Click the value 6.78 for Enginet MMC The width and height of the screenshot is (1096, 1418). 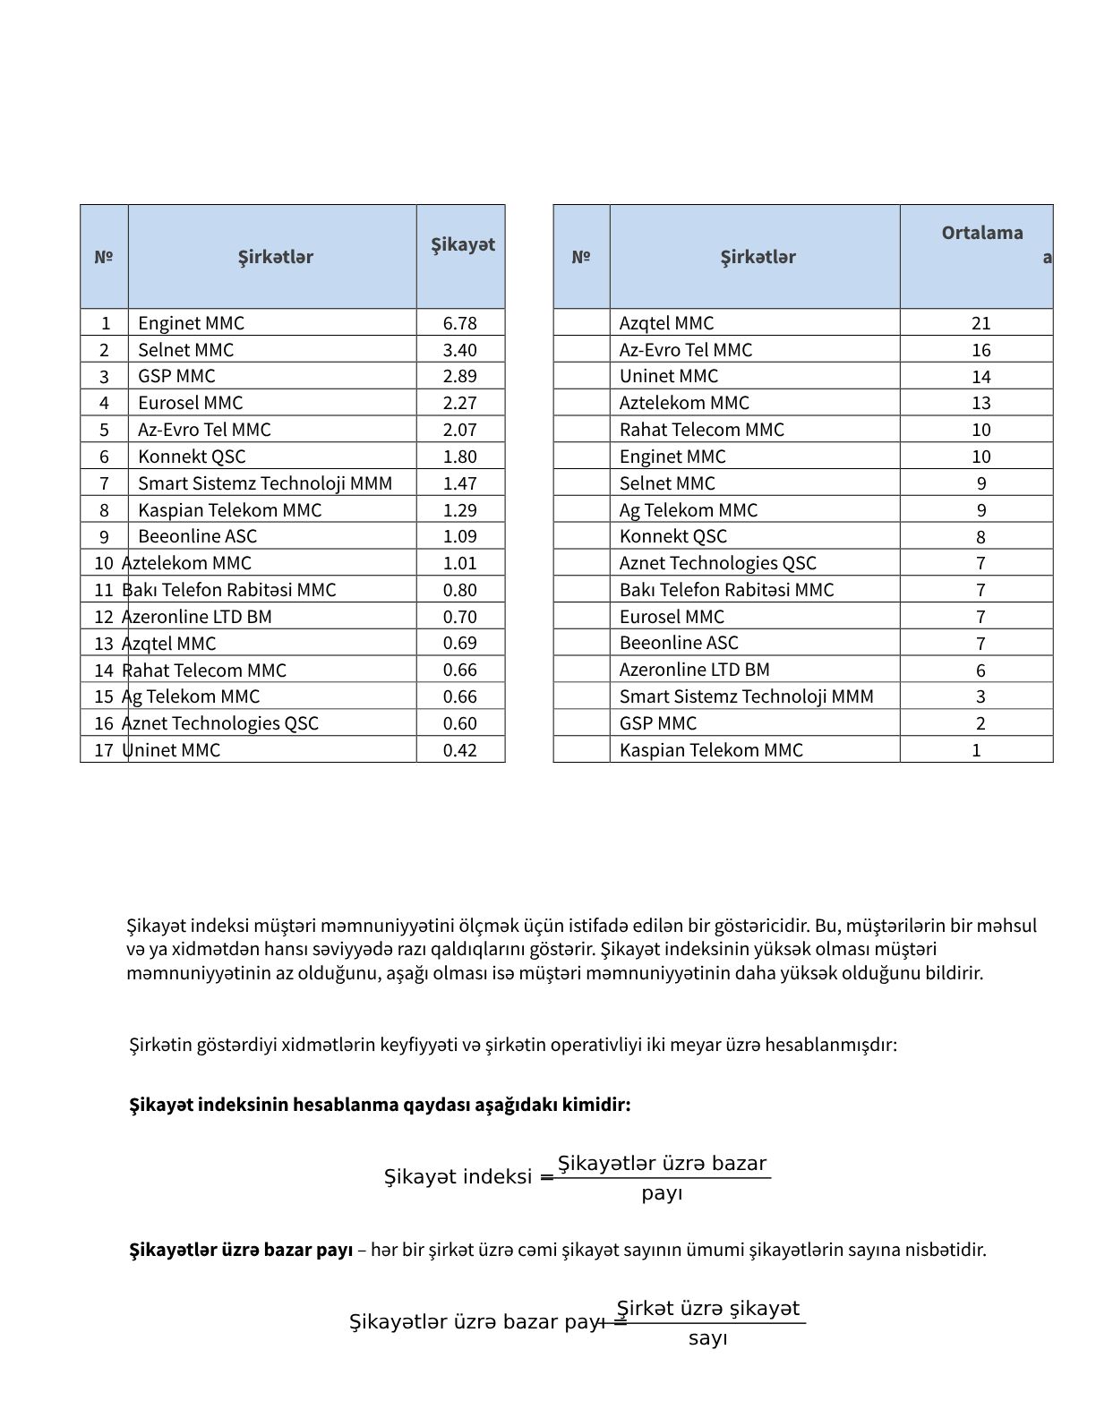click(459, 323)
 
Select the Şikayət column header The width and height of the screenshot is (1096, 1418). click(462, 244)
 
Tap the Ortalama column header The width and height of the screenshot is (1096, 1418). click(981, 233)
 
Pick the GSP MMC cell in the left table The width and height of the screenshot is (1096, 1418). click(176, 376)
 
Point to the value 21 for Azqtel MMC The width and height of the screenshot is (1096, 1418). click(980, 323)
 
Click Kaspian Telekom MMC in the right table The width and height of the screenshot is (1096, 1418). click(711, 750)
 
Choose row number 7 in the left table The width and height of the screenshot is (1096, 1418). click(104, 483)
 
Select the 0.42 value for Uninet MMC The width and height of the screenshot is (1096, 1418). click(459, 750)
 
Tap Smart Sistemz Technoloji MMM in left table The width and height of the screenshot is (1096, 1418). click(265, 483)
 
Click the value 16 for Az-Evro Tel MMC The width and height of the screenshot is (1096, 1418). click(980, 350)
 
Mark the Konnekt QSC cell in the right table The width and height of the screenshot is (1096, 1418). click(672, 536)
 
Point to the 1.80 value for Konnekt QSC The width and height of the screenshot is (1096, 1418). click(459, 457)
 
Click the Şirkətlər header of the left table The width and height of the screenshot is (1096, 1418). click(275, 257)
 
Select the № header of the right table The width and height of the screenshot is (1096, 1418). click(581, 257)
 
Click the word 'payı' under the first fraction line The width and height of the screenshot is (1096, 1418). click(662, 1193)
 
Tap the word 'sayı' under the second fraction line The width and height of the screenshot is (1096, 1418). click(707, 1338)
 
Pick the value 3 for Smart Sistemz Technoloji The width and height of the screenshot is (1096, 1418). click(980, 696)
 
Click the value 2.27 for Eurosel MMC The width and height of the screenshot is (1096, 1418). click(459, 403)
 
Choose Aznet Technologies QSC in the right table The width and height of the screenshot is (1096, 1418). click(717, 563)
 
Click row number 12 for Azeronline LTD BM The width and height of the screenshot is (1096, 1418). click(104, 617)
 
